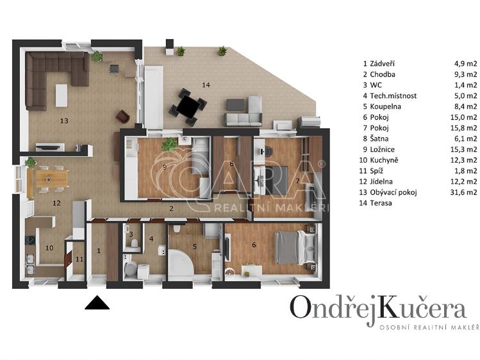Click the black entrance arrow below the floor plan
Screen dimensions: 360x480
tap(97, 303)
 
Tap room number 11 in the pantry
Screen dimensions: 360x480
tap(79, 259)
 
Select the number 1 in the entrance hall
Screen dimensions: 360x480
tap(99, 251)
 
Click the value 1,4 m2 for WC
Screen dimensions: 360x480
tap(464, 85)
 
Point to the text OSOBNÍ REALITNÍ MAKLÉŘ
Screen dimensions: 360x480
tap(429, 328)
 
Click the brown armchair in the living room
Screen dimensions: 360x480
tap(122, 116)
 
